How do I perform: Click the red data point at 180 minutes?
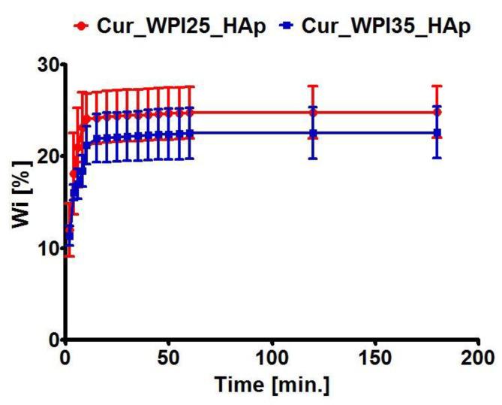tap(437, 113)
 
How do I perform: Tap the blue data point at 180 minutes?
tap(437, 133)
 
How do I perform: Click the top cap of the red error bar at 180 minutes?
tap(437, 86)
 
